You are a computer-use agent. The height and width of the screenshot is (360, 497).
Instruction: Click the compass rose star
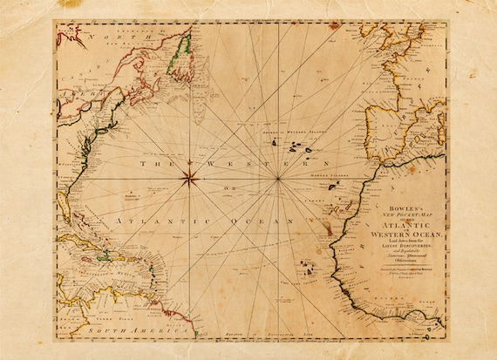[189, 180]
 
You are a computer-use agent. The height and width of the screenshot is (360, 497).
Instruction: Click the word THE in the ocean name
[144, 164]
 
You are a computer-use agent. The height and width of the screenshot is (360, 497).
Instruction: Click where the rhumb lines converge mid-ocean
[278, 180]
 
